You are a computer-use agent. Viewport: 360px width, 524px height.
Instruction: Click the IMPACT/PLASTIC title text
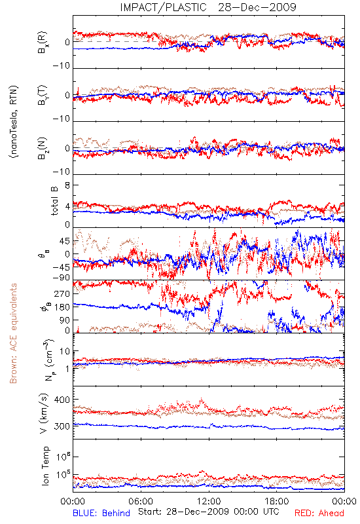(163, 7)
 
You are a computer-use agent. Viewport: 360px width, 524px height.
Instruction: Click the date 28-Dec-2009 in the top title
(257, 7)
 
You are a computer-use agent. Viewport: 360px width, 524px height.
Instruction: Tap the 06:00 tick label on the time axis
(141, 501)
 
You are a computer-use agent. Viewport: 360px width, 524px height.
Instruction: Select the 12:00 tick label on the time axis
(209, 501)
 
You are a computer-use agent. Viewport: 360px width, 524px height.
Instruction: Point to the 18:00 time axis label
(277, 501)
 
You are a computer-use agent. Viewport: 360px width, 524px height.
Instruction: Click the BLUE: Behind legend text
(101, 514)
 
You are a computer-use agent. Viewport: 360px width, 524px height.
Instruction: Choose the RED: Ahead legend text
(319, 514)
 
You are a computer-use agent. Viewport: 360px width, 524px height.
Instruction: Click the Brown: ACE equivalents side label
(13, 333)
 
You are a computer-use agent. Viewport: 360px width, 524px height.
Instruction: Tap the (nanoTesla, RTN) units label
(14, 122)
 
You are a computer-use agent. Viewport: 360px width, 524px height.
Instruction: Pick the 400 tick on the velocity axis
(62, 400)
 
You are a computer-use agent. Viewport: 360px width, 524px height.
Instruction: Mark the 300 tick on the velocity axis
(62, 426)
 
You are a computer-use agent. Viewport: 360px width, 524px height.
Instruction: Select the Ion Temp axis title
(45, 466)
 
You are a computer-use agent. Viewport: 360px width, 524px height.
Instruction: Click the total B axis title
(54, 201)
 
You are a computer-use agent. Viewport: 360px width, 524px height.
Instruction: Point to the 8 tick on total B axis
(67, 185)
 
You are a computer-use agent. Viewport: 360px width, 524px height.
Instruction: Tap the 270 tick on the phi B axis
(62, 294)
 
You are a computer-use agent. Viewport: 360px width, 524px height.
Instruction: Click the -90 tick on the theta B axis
(62, 278)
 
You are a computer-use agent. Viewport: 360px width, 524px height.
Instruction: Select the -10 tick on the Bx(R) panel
(62, 66)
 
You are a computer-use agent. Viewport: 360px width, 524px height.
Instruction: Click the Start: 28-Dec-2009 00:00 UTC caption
(209, 512)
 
